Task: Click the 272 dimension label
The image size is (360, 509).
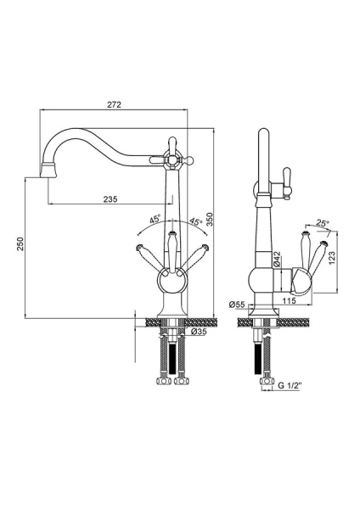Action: point(114,104)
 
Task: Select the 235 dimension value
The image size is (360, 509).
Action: point(110,199)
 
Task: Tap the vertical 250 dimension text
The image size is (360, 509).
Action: point(20,243)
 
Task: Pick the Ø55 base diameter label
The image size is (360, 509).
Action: point(237,305)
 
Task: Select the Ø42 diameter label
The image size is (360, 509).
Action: point(277,260)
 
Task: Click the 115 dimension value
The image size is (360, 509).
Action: point(290,301)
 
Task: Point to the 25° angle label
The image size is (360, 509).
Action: point(323,223)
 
